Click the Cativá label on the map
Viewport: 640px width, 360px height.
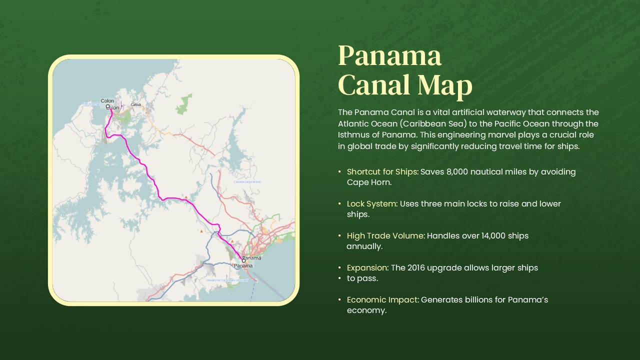136,104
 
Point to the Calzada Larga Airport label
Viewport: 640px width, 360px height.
247,182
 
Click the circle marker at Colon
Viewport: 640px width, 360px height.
107,106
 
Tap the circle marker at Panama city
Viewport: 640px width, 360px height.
244,260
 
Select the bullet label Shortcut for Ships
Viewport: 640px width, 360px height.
382,172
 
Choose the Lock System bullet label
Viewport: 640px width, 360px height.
372,204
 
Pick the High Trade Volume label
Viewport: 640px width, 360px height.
385,236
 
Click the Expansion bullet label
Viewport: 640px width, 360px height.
367,268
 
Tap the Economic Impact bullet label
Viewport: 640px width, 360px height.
382,300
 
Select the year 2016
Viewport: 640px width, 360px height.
418,268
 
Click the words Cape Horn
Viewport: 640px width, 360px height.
369,182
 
